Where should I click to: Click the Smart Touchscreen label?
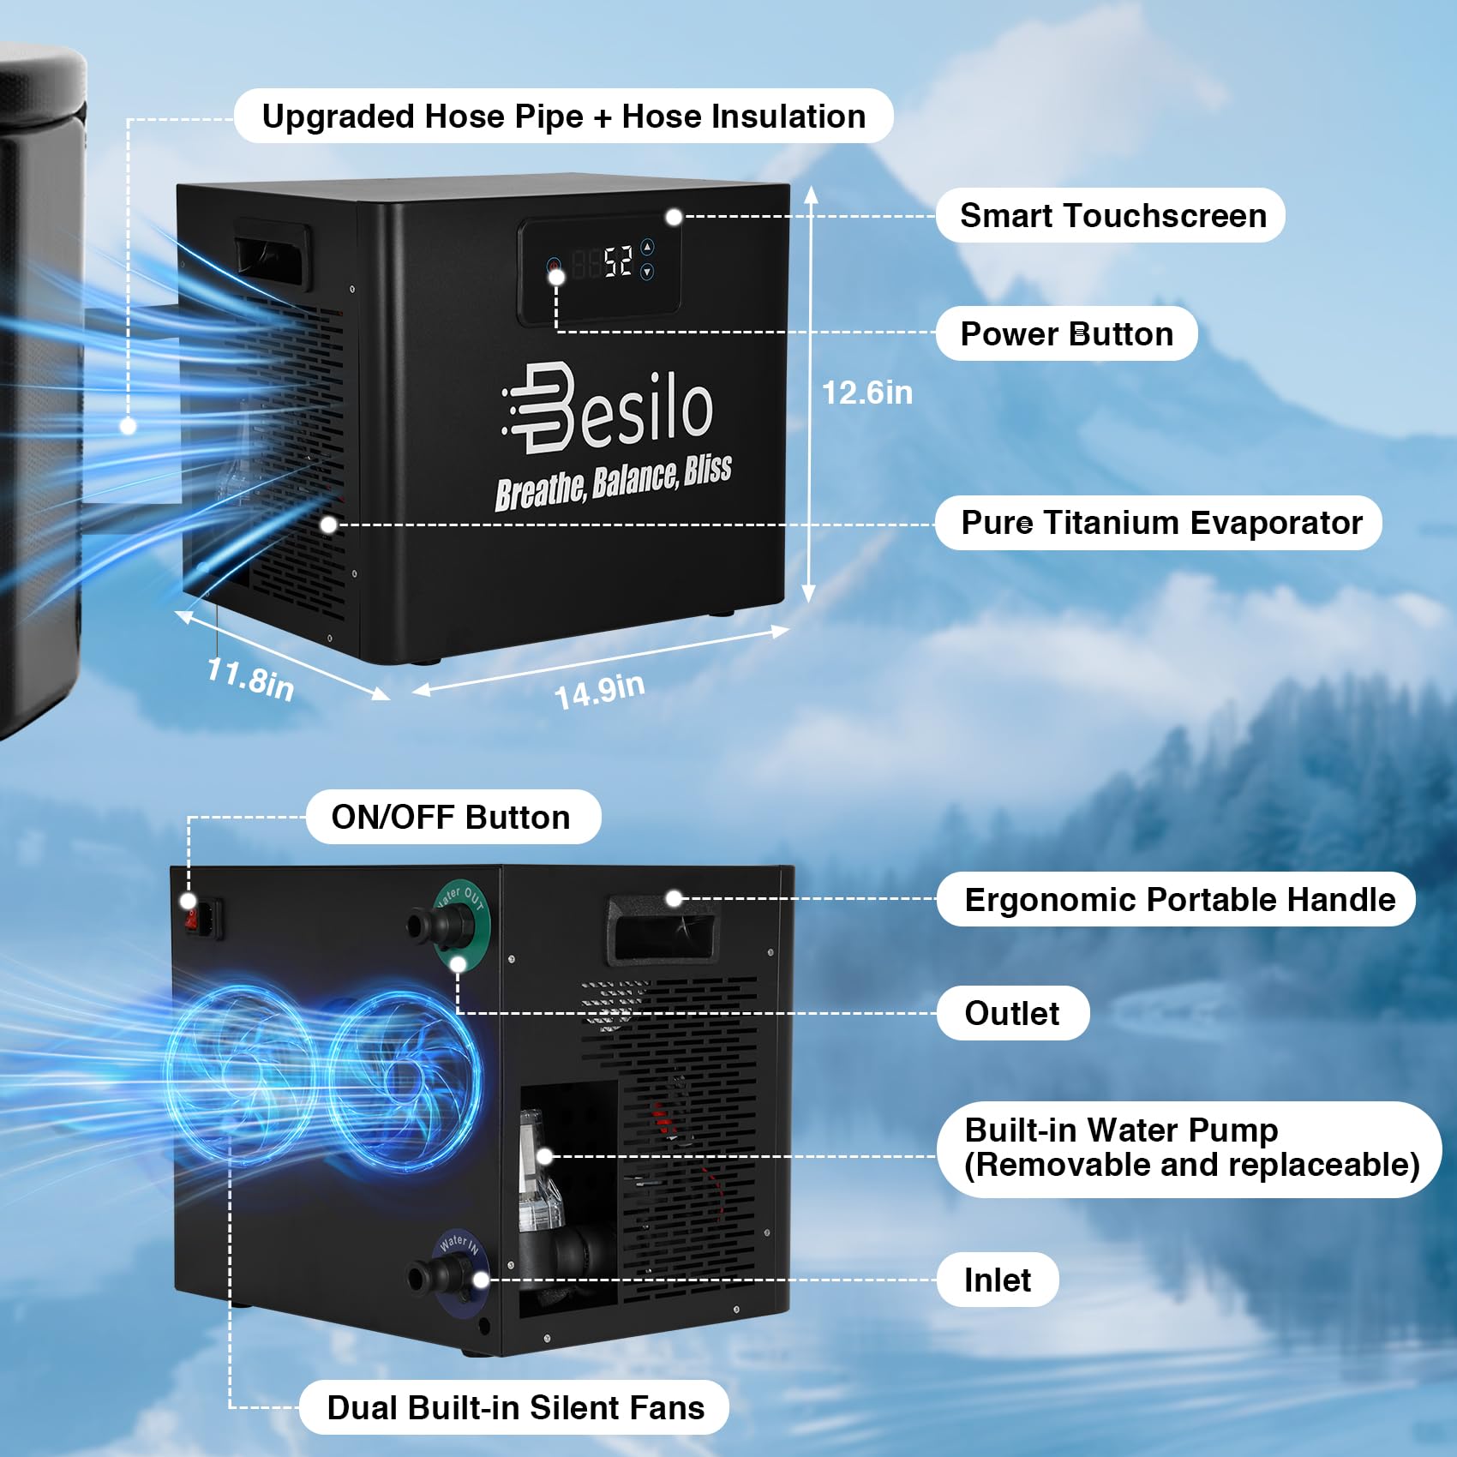coord(1112,216)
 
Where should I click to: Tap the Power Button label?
coord(1066,334)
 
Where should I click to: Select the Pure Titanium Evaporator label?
coord(1160,523)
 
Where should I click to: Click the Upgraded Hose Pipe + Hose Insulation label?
coord(563,117)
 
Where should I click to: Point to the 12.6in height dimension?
coord(866,393)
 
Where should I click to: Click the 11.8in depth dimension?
coord(250,679)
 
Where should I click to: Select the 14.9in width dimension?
coord(599,691)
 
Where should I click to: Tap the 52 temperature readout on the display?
coord(618,261)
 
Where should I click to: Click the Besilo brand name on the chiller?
coord(609,408)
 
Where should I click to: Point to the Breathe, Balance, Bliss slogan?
coord(614,483)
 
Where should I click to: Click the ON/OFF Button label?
coord(452,818)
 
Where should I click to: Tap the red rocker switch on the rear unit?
coord(194,919)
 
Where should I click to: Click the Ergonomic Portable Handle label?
coord(1179,900)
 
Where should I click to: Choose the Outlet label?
coord(1012,1014)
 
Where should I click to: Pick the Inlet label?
coord(998,1280)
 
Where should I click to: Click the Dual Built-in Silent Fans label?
coord(515,1408)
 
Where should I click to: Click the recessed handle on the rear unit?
coord(661,929)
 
